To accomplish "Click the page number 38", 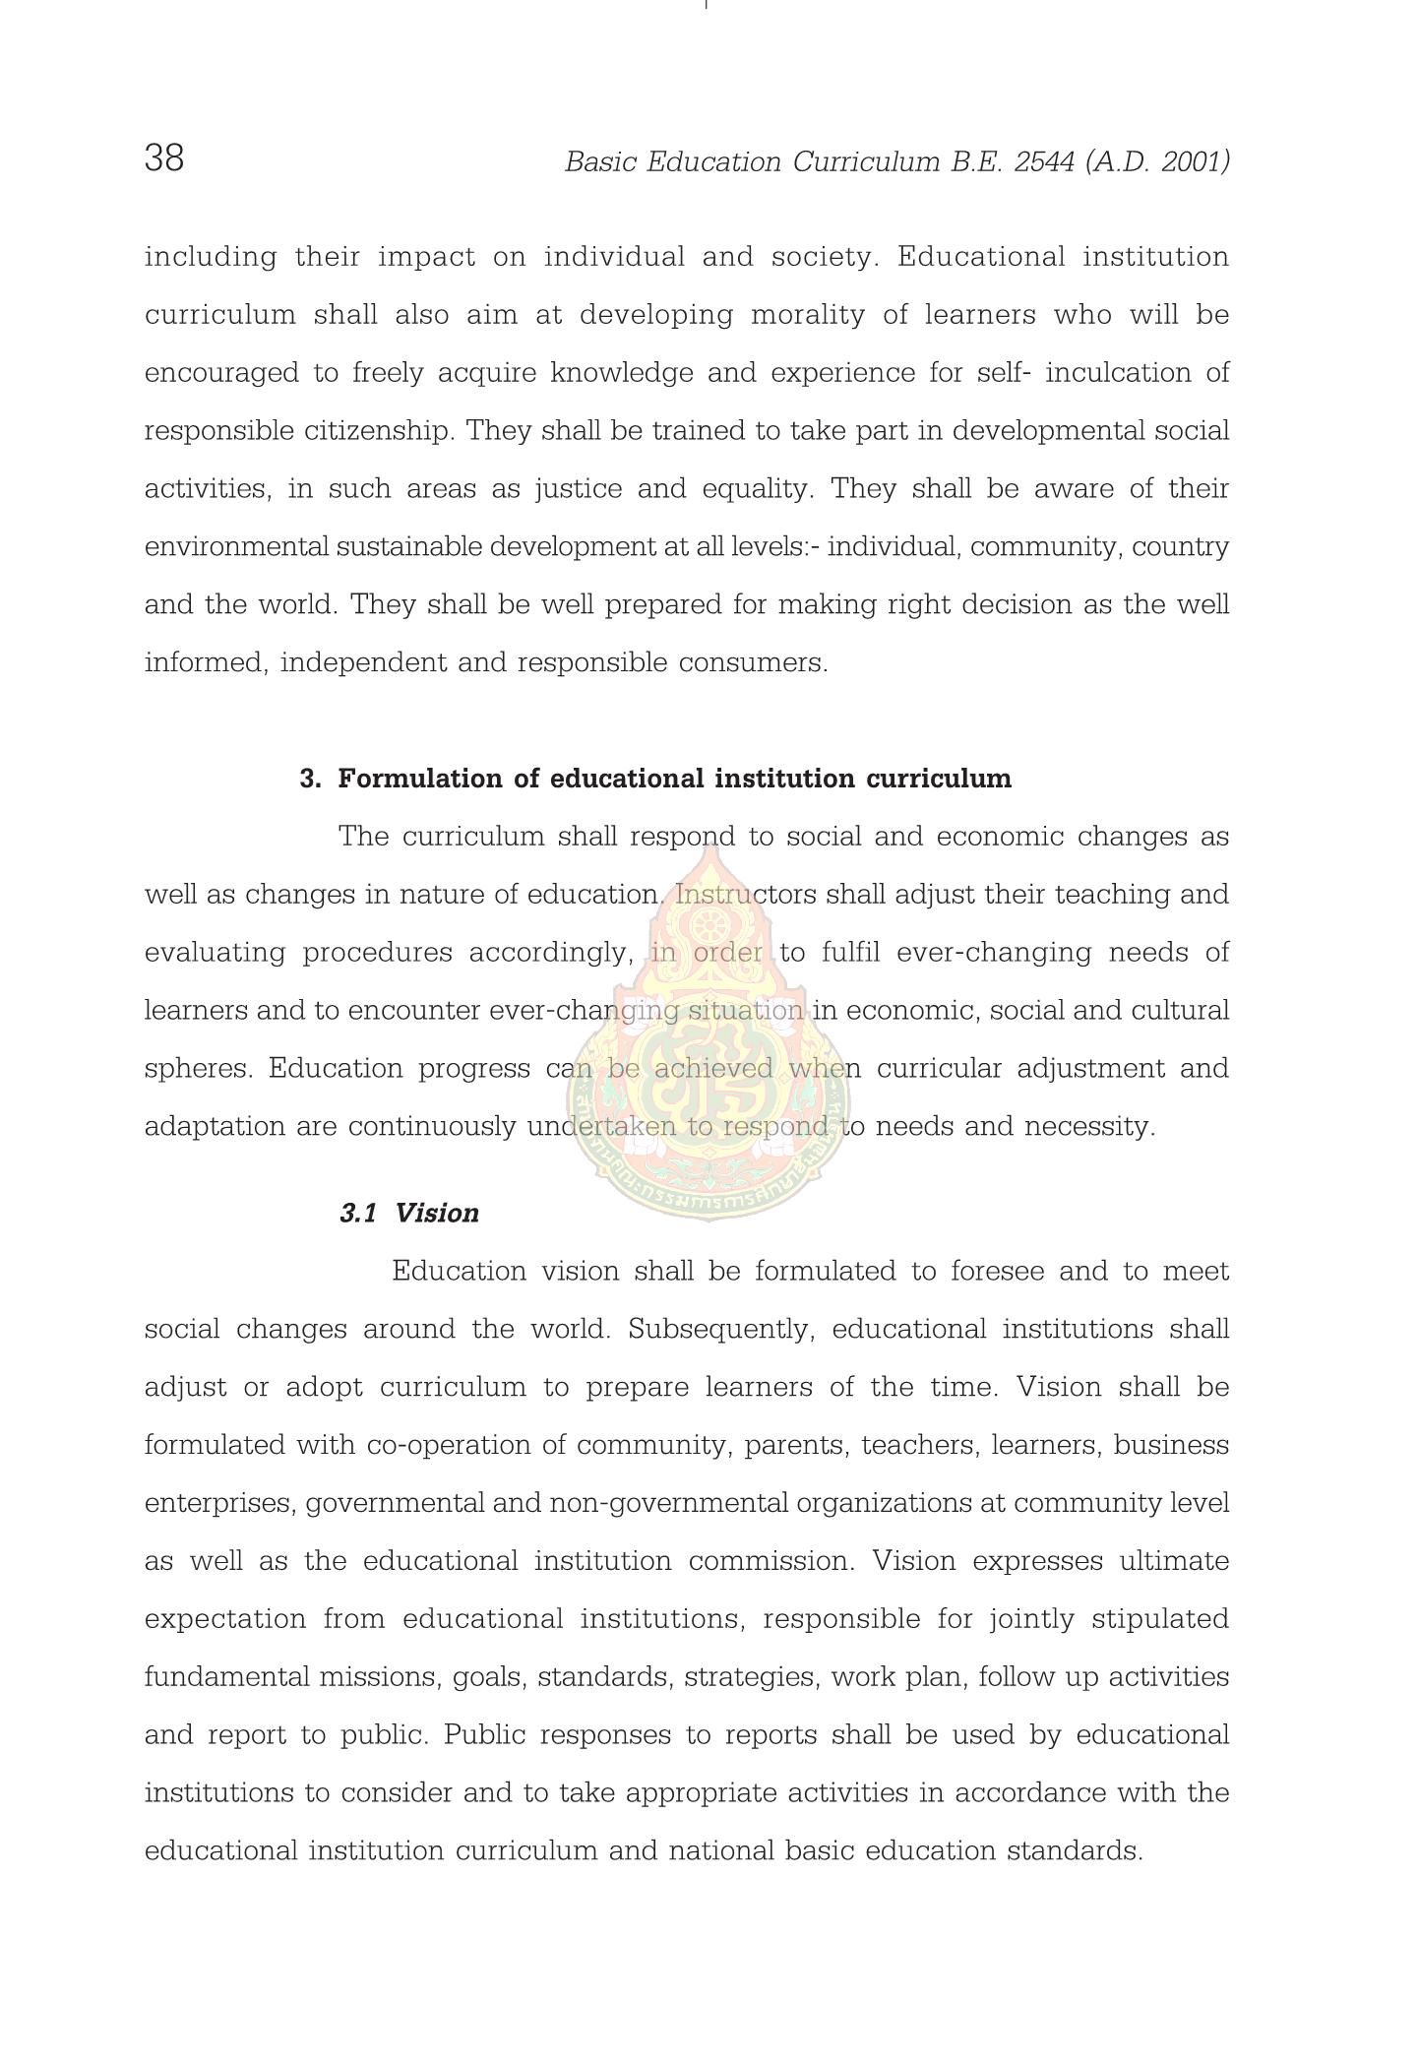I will [164, 157].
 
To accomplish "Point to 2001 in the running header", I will [1192, 162].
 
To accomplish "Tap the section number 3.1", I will [358, 1213].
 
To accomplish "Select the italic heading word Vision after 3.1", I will [437, 1213].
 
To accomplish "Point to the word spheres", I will [199, 1069].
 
